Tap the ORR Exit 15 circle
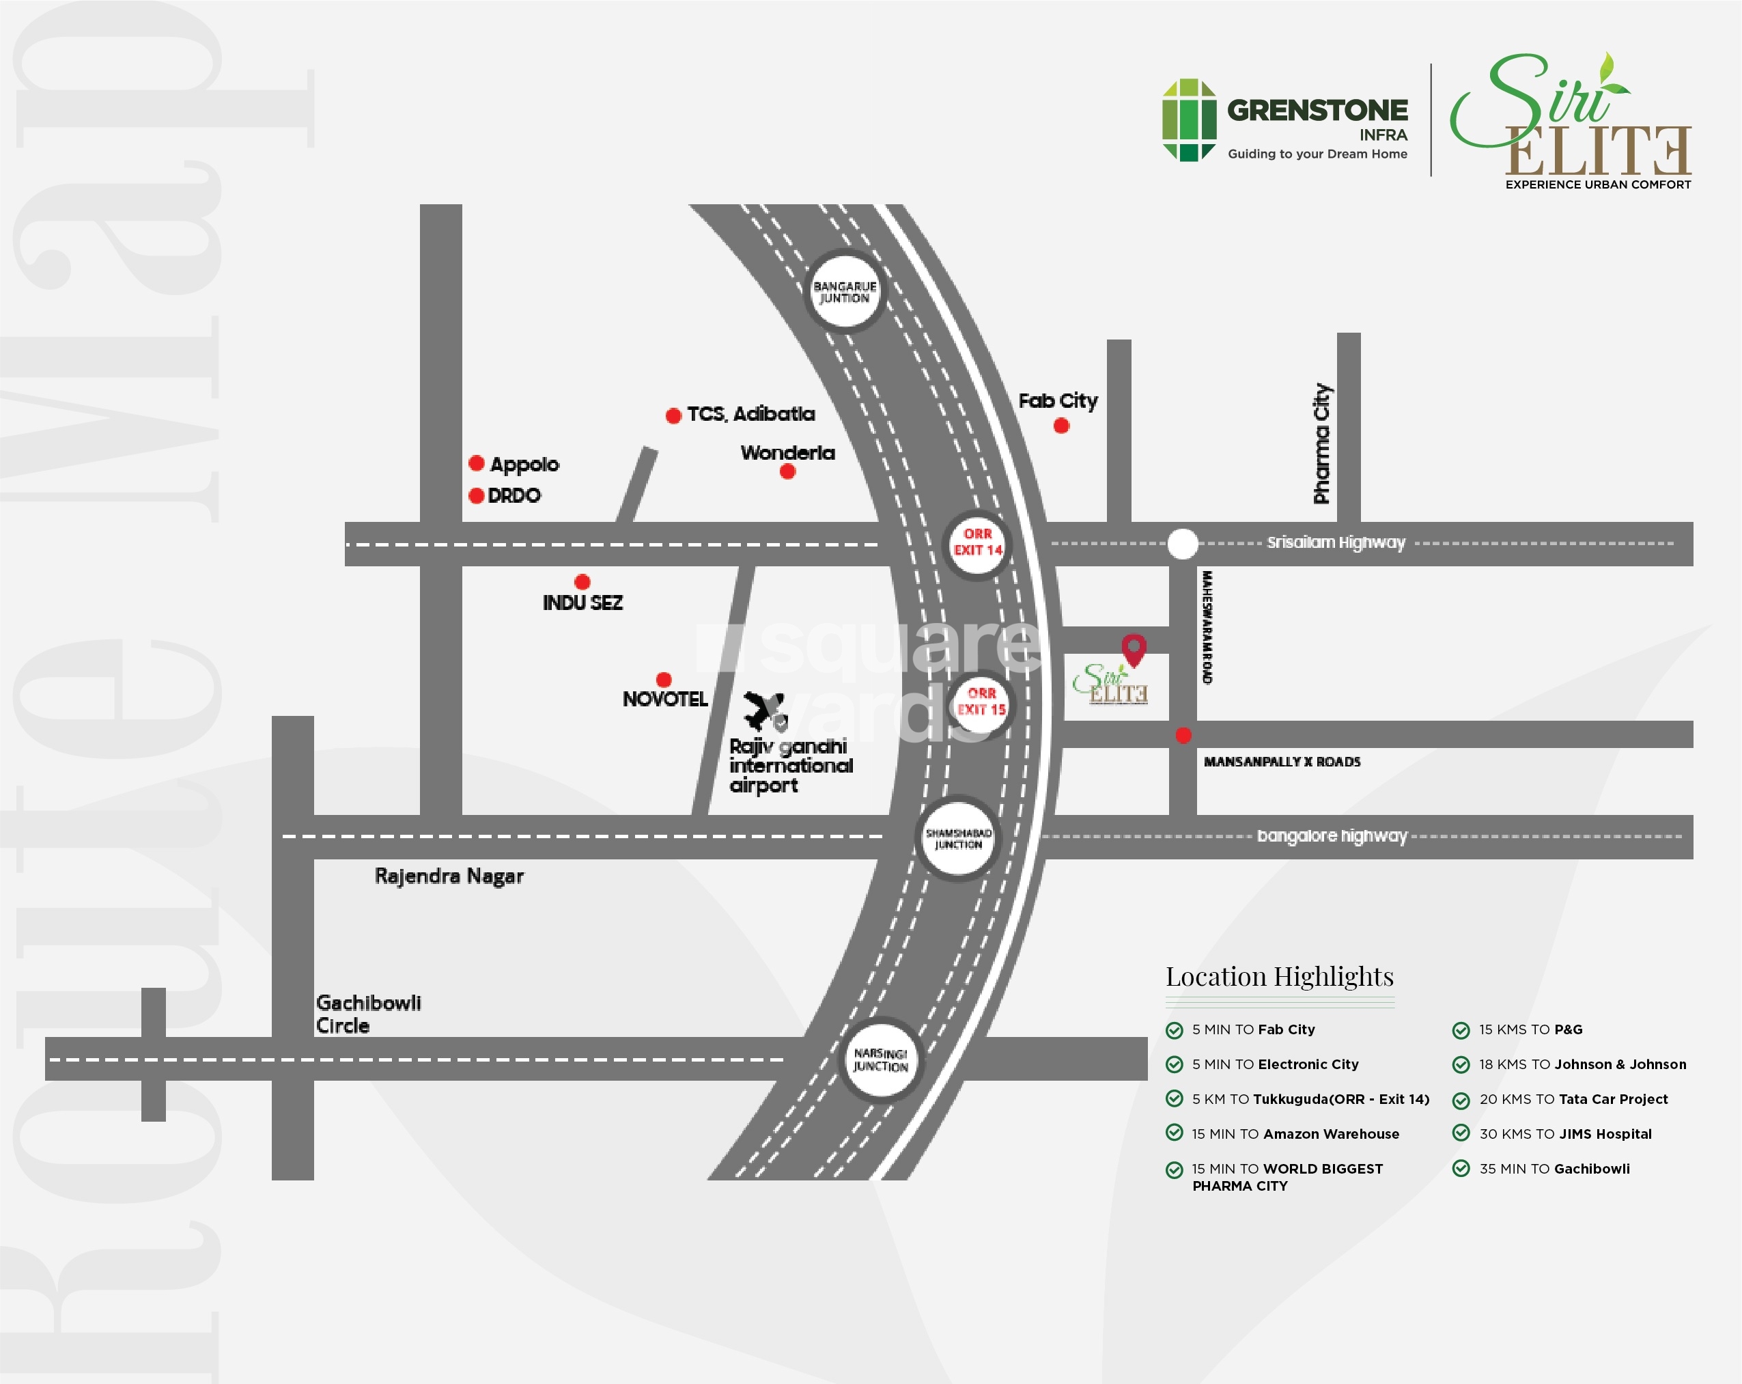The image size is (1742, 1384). pyautogui.click(x=981, y=702)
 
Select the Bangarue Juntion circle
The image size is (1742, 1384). pyautogui.click(x=845, y=292)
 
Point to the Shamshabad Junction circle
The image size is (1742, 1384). pyautogui.click(x=958, y=838)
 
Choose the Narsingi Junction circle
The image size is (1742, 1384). pyautogui.click(x=881, y=1060)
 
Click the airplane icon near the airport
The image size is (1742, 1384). pyautogui.click(x=764, y=710)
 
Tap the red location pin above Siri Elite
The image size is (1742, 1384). pyautogui.click(x=1134, y=649)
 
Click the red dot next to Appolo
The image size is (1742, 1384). pyautogui.click(x=476, y=463)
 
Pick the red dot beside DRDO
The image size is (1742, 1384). pyautogui.click(x=476, y=495)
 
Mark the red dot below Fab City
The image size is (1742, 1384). pyautogui.click(x=1062, y=426)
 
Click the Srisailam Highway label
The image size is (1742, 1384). pyautogui.click(x=1336, y=542)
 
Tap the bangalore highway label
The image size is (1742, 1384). pyautogui.click(x=1332, y=836)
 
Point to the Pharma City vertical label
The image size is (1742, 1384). pyautogui.click(x=1322, y=444)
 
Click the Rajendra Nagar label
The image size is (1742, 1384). pyautogui.click(x=449, y=876)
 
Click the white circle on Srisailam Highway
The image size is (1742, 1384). pyautogui.click(x=1183, y=544)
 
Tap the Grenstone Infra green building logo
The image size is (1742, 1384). pyautogui.click(x=1189, y=120)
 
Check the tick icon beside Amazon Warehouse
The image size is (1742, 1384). pyautogui.click(x=1174, y=1133)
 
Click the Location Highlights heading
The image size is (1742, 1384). pyautogui.click(x=1279, y=977)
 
